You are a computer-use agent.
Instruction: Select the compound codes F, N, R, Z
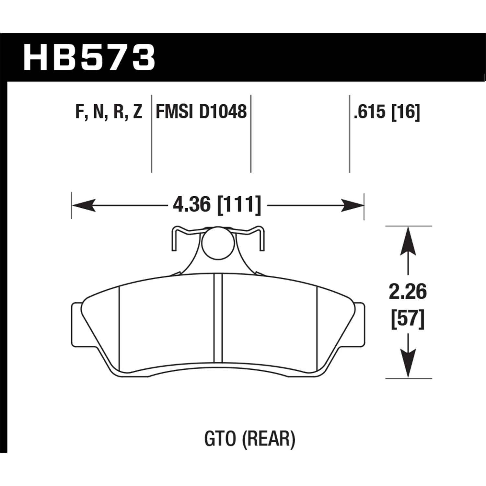[x=109, y=112]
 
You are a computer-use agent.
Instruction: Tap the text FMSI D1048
[x=201, y=112]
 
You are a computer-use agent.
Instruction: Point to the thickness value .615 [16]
[x=387, y=112]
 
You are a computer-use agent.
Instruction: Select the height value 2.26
[x=408, y=292]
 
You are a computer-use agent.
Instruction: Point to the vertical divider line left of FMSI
[x=152, y=133]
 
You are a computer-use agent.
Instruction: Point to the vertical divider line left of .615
[x=350, y=133]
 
